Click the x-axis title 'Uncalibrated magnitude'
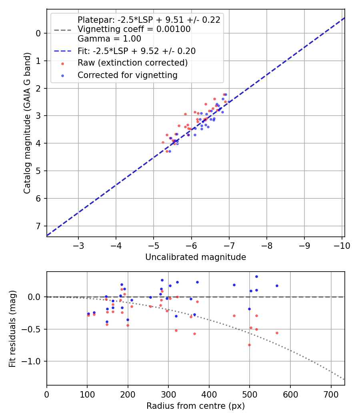(x=195, y=257)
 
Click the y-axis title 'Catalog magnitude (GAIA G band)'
(x=27, y=122)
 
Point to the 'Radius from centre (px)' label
(x=195, y=406)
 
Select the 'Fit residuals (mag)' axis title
(x=12, y=328)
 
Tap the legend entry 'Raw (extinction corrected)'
(x=132, y=63)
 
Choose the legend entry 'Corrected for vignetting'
(x=127, y=75)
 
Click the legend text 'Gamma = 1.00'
(x=109, y=39)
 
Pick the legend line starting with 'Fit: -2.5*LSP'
(x=136, y=51)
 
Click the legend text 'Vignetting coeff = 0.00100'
(x=134, y=29)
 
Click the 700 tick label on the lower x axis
(x=331, y=394)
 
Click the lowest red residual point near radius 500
(x=249, y=345)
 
